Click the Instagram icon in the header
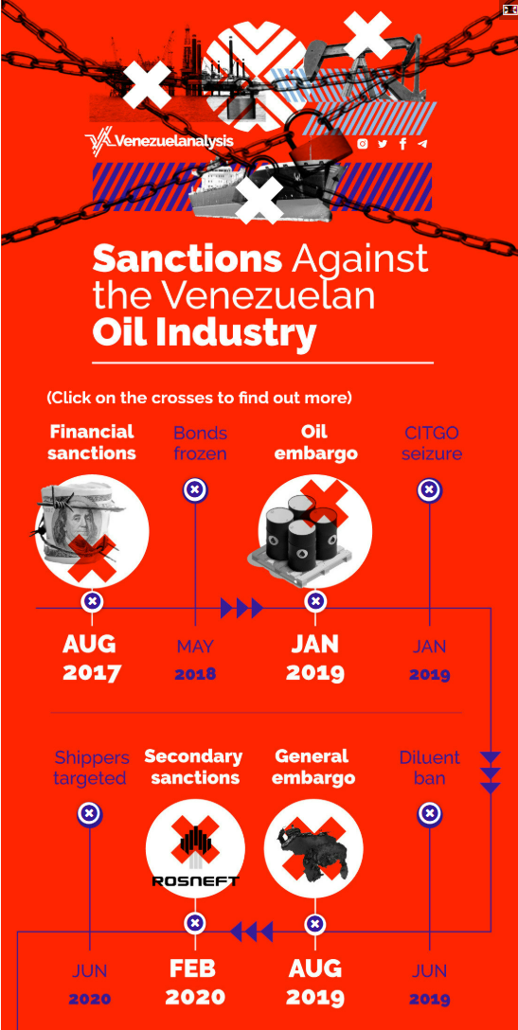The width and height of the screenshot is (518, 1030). coord(363,143)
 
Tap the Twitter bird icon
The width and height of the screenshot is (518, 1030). coord(383,144)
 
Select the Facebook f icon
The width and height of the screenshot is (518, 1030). coord(402,143)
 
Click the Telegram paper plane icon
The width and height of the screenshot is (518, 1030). coord(422,143)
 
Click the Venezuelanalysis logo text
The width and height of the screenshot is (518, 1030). coord(173,140)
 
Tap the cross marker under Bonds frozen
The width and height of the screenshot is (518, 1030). coord(195,490)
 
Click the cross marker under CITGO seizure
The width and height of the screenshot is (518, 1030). coord(429,490)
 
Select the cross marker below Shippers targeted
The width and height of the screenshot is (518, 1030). coord(89,814)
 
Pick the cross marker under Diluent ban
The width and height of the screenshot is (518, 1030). coord(429,814)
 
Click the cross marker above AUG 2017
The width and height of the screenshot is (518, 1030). coord(92,601)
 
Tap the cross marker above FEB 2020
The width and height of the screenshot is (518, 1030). coord(194,924)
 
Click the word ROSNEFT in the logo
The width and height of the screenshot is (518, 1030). coord(195,880)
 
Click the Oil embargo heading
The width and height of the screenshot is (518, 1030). coord(315,443)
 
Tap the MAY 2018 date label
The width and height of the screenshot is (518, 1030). coord(195,660)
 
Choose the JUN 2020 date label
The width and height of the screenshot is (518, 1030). coord(89,985)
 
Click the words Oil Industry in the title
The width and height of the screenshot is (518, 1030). coord(204,333)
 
